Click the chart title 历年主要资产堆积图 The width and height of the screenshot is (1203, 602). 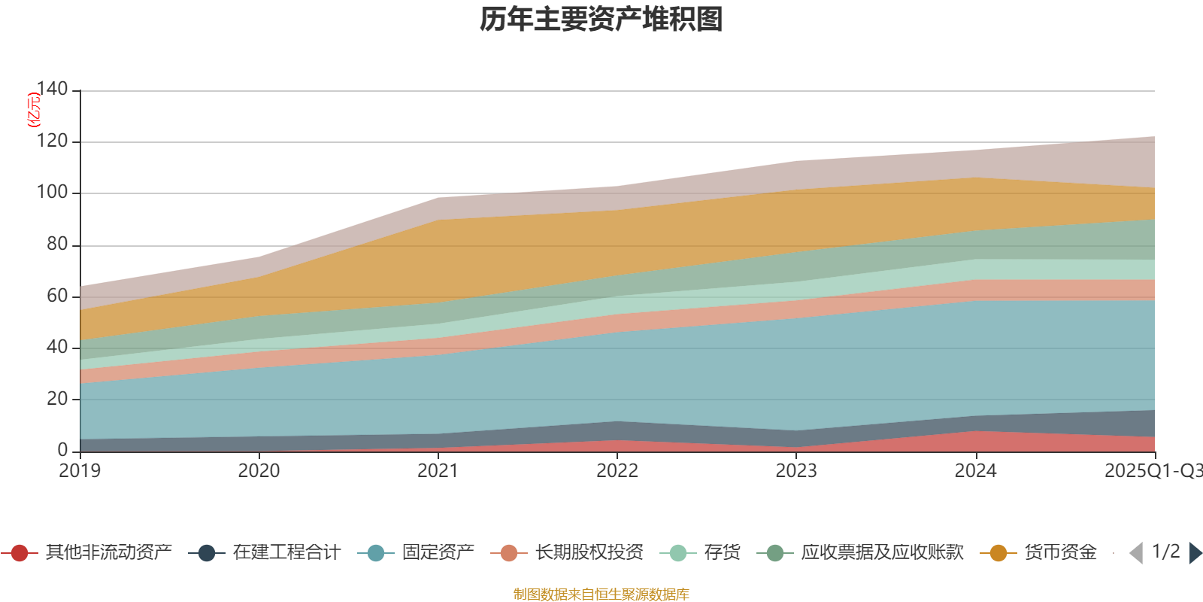(601, 20)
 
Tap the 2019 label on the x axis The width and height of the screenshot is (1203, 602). (80, 470)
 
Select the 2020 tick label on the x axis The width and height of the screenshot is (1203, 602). (259, 470)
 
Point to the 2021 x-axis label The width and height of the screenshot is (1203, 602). (438, 470)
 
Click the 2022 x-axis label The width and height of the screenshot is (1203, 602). (617, 470)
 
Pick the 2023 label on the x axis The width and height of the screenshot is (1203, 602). (796, 470)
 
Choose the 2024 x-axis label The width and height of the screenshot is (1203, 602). (975, 470)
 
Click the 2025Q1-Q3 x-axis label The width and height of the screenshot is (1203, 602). (1152, 470)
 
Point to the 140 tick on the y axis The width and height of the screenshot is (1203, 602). (52, 89)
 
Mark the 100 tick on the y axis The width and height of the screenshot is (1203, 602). (52, 192)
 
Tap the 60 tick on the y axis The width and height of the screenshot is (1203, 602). (56, 295)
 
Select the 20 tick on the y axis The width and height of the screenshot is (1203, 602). (56, 398)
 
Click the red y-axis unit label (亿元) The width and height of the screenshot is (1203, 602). (34, 110)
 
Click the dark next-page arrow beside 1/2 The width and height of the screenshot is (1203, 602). (1195, 553)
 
